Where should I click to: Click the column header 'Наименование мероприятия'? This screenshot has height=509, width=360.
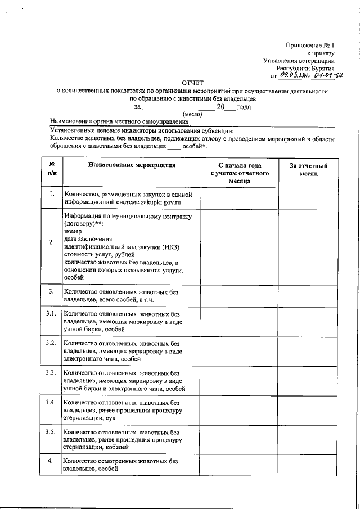[132, 165]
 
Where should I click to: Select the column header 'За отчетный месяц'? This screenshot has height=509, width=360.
[309, 170]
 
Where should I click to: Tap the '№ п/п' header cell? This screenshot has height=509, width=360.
[51, 169]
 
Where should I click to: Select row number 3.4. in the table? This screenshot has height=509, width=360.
[51, 402]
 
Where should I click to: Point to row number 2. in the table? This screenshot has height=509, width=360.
[51, 242]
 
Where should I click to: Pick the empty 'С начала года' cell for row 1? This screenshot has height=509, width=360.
[239, 197]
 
